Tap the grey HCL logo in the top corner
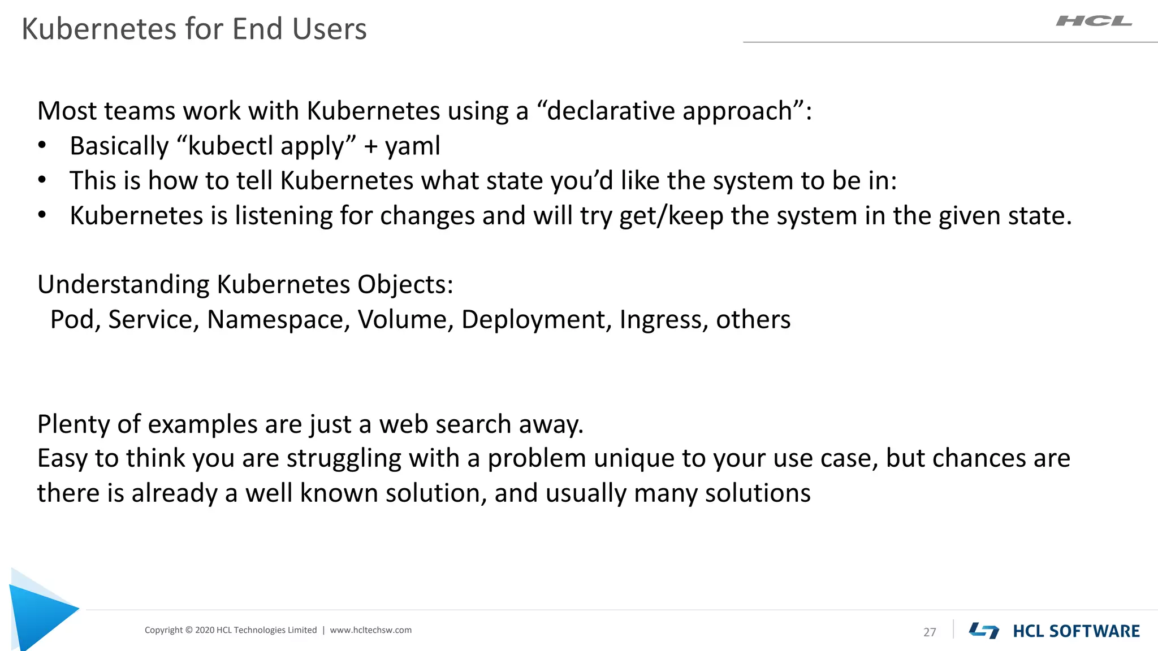[1094, 21]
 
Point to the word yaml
[412, 146]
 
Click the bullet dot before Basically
[42, 146]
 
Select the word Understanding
[123, 284]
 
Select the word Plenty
[74, 424]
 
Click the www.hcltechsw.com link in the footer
[371, 630]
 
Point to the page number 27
[930, 632]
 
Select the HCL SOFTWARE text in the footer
[1076, 631]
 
